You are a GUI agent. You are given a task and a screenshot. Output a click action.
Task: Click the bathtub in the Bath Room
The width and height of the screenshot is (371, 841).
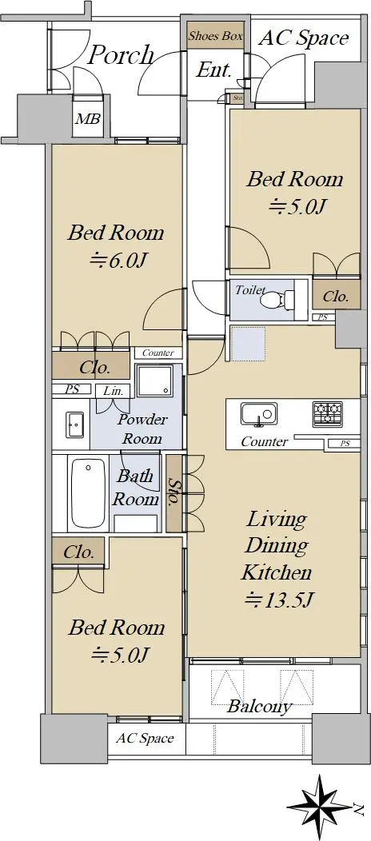(x=87, y=493)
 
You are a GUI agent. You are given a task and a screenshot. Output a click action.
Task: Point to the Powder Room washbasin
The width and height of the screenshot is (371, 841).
(x=74, y=424)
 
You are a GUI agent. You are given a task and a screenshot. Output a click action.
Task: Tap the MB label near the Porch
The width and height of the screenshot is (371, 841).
(x=87, y=118)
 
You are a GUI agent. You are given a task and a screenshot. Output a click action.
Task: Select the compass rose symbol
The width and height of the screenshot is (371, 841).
(x=321, y=807)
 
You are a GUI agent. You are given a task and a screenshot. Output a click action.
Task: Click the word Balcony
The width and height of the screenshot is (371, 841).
(x=260, y=707)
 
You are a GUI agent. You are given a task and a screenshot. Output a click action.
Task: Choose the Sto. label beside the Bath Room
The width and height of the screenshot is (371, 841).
(x=174, y=493)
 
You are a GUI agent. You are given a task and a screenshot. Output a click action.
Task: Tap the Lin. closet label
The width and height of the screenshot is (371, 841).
(x=114, y=391)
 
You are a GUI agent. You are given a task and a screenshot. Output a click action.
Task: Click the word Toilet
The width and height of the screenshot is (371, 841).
(x=250, y=290)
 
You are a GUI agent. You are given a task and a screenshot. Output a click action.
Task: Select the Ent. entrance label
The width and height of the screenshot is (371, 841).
(x=214, y=70)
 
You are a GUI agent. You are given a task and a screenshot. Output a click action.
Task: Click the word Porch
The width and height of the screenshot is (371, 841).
(x=121, y=55)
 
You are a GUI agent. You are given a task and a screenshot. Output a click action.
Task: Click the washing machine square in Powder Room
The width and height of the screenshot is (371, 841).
(x=154, y=382)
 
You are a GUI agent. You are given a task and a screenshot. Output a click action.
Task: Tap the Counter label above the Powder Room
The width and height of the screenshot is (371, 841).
(x=158, y=353)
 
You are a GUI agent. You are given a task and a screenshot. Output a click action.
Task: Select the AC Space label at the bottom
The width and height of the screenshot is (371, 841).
(x=146, y=739)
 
